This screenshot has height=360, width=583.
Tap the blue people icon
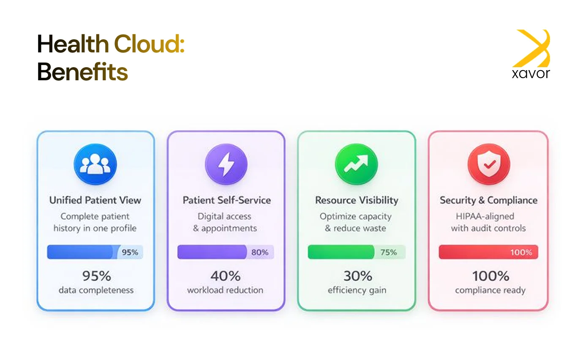(95, 164)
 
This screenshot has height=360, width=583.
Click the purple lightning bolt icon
(226, 164)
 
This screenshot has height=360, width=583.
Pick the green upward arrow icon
(356, 164)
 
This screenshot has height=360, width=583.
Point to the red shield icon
(488, 164)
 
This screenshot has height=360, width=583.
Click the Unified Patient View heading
(95, 200)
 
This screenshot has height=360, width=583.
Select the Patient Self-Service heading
(226, 200)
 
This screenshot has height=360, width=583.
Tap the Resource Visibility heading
(357, 200)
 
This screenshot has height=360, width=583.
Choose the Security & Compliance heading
(488, 200)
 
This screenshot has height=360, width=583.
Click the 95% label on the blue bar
(130, 252)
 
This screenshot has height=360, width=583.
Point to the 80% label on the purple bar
(260, 252)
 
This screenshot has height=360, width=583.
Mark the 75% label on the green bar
(389, 252)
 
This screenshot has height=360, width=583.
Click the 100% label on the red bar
(521, 253)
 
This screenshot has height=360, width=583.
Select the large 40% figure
(226, 276)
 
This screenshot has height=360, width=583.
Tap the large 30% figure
(357, 276)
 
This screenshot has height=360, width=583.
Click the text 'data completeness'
(96, 290)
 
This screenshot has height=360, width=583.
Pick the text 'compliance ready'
(490, 290)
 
